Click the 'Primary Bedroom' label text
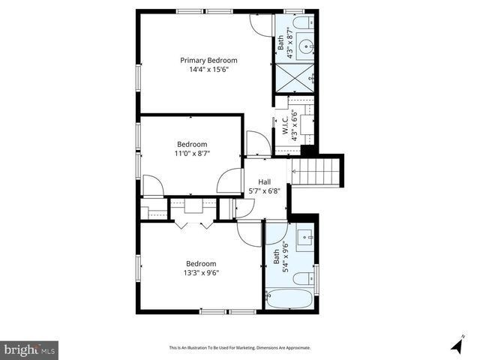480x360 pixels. tap(208, 60)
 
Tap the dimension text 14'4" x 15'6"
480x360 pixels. tap(208, 70)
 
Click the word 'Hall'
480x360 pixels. tap(265, 181)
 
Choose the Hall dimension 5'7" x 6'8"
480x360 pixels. tap(265, 191)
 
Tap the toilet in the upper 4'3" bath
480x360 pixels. tap(304, 22)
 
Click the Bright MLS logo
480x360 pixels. tap(30, 349)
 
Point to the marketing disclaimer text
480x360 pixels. tap(239, 348)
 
